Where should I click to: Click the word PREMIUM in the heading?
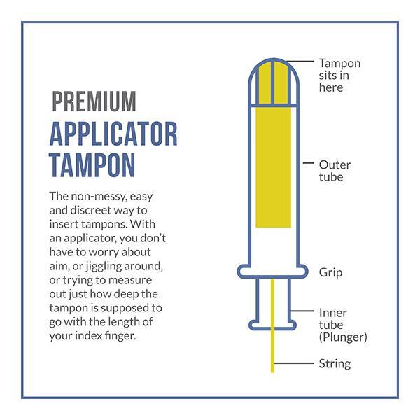94,101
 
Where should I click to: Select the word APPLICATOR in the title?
113,134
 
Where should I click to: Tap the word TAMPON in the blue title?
92,165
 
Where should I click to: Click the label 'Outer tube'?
335,171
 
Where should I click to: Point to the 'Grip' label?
330,273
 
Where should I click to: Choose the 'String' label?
335,364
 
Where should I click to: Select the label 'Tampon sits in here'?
339,76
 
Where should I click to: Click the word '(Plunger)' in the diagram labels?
343,337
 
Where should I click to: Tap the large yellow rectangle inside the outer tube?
274,167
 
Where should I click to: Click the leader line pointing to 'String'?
294,363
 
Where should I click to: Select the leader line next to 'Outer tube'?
308,162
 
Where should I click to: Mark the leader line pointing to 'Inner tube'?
302,311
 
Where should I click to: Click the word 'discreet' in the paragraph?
92,210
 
